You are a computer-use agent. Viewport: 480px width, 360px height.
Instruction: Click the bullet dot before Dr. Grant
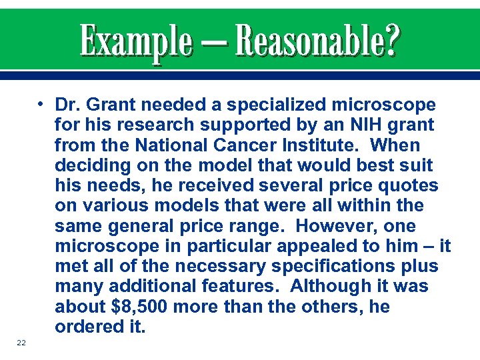(x=41, y=105)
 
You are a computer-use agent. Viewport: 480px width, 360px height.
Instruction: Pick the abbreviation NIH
(x=349, y=125)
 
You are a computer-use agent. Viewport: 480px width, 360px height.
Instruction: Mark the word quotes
(x=409, y=186)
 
